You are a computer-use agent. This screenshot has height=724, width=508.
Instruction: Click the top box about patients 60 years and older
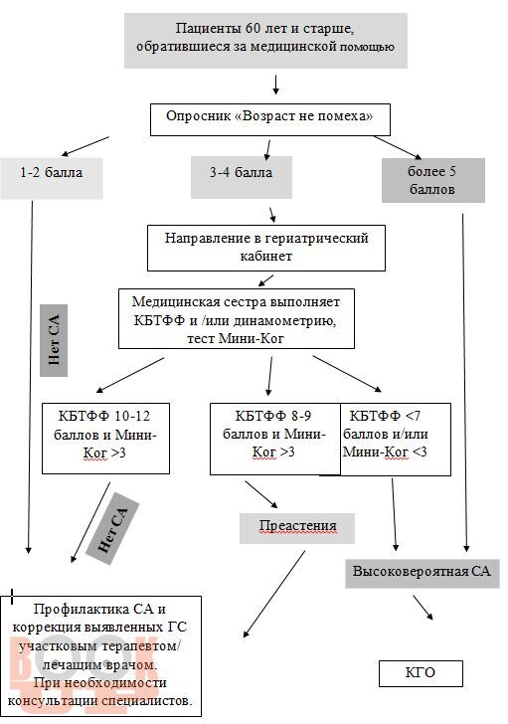point(265,41)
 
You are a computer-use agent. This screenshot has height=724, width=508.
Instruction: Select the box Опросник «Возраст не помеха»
point(270,119)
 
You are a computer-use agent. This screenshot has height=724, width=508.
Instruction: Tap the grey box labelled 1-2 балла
point(52,178)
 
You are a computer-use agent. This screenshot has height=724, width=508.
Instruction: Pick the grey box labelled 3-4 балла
point(242,177)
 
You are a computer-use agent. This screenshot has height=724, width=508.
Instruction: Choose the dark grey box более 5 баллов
point(433,181)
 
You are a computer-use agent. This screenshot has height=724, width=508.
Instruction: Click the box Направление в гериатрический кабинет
point(266,248)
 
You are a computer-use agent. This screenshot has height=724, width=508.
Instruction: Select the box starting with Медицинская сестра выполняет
point(237,318)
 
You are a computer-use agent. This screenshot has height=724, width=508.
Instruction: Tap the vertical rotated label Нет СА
point(54,340)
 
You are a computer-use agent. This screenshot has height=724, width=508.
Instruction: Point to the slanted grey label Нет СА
point(112,529)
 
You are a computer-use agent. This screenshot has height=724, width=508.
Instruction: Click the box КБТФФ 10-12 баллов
point(105,439)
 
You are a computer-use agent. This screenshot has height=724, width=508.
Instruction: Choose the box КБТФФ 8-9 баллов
point(275,439)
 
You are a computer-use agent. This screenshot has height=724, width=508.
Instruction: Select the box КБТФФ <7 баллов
point(396,440)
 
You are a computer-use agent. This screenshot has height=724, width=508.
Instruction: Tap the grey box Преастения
point(297,528)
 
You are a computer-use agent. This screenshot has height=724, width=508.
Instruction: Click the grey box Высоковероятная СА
point(423,573)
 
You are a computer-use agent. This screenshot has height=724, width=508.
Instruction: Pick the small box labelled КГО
point(421,673)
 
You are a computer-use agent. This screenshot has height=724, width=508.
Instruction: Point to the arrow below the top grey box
point(276,85)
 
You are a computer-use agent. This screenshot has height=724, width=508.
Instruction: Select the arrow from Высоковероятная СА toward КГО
point(423,608)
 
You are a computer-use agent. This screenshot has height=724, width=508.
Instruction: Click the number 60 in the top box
point(254,29)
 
